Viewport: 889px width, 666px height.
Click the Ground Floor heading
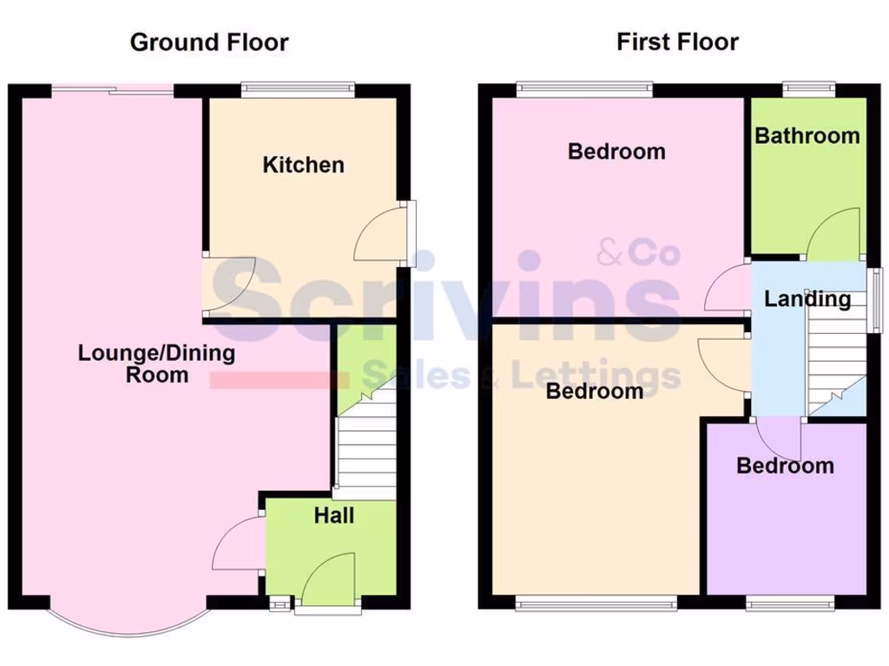tap(209, 42)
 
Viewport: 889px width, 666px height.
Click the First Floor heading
tap(678, 42)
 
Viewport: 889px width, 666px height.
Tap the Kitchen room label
tap(303, 165)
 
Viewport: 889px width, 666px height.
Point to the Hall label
tap(333, 516)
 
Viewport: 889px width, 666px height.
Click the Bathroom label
tap(807, 135)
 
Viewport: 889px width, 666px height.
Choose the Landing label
tap(807, 299)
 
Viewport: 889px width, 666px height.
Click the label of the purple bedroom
tap(785, 466)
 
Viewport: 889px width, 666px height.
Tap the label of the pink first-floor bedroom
tap(616, 152)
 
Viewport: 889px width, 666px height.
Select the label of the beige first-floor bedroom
tap(595, 391)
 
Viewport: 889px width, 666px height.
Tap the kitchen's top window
tap(298, 87)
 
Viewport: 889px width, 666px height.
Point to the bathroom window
tap(808, 87)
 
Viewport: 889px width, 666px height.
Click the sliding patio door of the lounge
tap(112, 88)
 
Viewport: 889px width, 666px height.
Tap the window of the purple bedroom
tap(791, 604)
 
